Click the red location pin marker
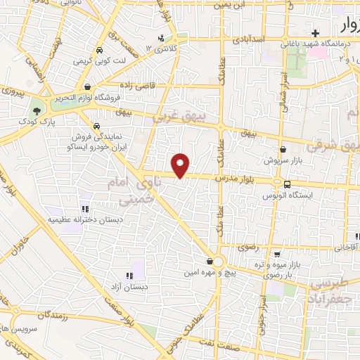[181, 165]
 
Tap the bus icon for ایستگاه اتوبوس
[286, 185]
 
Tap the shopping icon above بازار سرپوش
[283, 149]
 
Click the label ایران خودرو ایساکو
[95, 148]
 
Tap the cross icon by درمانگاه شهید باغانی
[316, 32]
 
